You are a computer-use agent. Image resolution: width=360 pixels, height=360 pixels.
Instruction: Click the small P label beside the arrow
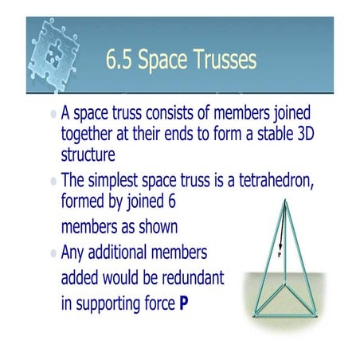pyautogui.click(x=280, y=256)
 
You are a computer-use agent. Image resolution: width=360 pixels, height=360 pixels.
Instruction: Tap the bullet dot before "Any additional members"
pyautogui.click(x=53, y=254)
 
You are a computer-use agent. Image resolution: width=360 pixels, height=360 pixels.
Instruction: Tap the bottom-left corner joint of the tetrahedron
pyautogui.click(x=256, y=315)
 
